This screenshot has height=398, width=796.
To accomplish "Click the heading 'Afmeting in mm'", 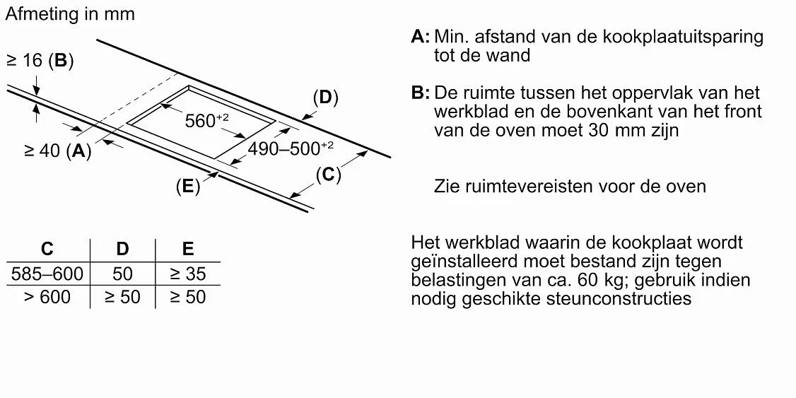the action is pyautogui.click(x=70, y=13).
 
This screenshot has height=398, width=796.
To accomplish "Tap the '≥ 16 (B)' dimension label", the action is pyautogui.click(x=40, y=61).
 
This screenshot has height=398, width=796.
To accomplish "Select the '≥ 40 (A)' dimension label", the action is pyautogui.click(x=57, y=151).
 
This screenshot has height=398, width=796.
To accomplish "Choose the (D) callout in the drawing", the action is pyautogui.click(x=325, y=98).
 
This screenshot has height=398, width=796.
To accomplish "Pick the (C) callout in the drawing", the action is pyautogui.click(x=328, y=175).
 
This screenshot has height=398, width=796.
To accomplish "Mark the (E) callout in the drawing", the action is pyautogui.click(x=188, y=187).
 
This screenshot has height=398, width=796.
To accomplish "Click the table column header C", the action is pyautogui.click(x=47, y=249).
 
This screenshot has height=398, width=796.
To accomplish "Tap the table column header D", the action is pyautogui.click(x=122, y=249).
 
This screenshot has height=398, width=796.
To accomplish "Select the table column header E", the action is pyautogui.click(x=188, y=249).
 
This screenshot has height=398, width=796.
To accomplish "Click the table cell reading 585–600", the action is pyautogui.click(x=47, y=274).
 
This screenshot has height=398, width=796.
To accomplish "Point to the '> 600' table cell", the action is pyautogui.click(x=47, y=297).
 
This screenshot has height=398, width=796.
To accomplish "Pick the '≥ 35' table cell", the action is pyautogui.click(x=188, y=274).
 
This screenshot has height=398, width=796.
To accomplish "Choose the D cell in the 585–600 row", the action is pyautogui.click(x=122, y=274).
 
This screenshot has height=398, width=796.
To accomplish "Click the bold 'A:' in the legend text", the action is pyautogui.click(x=421, y=37).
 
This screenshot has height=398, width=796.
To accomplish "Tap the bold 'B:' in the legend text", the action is pyautogui.click(x=421, y=93).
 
